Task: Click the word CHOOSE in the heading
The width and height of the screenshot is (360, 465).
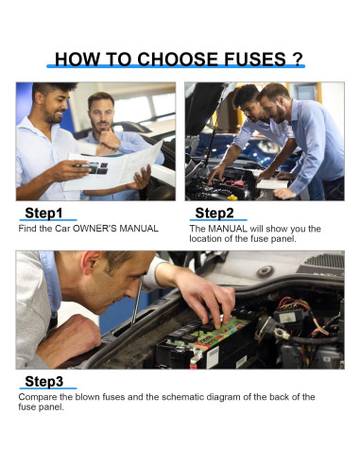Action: (x=150, y=60)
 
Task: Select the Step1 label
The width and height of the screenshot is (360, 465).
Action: (x=43, y=213)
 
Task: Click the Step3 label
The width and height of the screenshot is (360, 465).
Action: (x=44, y=381)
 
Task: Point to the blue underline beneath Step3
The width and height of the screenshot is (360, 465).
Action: (x=46, y=390)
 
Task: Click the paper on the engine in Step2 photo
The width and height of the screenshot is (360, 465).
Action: (x=273, y=183)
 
